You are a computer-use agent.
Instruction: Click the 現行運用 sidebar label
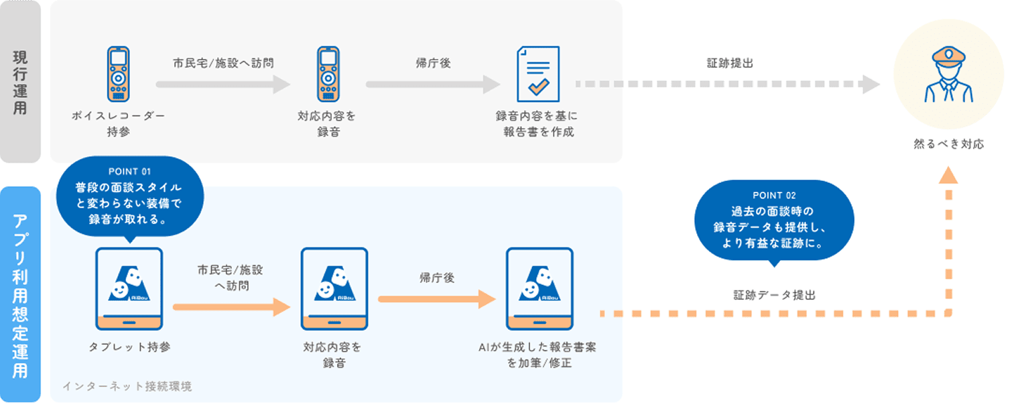point(20,82)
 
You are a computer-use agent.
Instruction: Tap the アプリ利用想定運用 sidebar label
point(20,295)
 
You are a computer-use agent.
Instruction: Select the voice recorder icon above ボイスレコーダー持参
point(118,74)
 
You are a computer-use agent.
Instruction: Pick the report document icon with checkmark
point(537,74)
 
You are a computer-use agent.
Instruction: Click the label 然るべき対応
point(948,143)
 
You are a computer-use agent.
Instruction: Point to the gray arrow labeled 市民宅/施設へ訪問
point(222,85)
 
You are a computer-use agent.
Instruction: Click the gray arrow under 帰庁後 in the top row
point(433,85)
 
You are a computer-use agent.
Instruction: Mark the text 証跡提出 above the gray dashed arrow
point(730,63)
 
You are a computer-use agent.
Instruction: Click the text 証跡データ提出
point(774,295)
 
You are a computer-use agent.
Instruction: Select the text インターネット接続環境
point(127,386)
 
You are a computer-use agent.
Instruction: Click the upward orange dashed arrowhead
point(948,176)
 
